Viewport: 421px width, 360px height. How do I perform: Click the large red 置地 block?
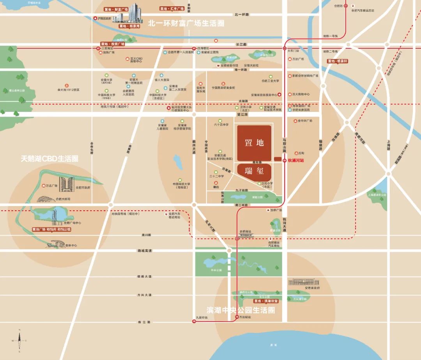(x=254, y=143)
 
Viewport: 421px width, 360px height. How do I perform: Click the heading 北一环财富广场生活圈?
(x=186, y=23)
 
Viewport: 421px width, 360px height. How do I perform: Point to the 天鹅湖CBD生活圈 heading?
(x=50, y=159)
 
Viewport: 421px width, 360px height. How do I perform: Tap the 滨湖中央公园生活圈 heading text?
(x=235, y=310)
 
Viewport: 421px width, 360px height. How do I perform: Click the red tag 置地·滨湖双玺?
(x=265, y=301)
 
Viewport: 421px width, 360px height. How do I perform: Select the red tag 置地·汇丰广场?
(x=172, y=8)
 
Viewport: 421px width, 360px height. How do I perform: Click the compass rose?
(x=19, y=340)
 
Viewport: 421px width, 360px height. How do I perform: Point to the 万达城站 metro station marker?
(x=237, y=317)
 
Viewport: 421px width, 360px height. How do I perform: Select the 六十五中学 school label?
(x=221, y=125)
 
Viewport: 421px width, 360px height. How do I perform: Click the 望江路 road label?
(x=242, y=115)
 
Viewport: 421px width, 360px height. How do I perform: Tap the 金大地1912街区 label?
(x=68, y=89)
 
